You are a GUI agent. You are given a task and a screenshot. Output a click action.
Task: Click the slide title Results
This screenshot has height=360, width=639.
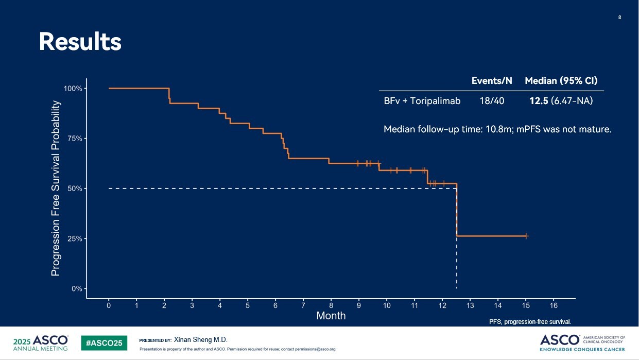click(x=80, y=42)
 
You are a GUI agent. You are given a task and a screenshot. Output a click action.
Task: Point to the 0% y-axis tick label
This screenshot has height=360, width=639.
click(x=76, y=289)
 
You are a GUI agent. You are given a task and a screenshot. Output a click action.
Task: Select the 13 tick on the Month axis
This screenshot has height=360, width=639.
click(x=470, y=305)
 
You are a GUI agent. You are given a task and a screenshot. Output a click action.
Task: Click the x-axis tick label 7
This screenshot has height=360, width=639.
click(x=303, y=305)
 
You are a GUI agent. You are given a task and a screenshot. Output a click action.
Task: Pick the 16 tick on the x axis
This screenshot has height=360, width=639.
click(x=554, y=305)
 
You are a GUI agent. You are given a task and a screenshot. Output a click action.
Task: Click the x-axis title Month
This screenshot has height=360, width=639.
click(x=331, y=316)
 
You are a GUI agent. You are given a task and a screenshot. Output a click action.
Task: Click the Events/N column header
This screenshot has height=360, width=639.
click(x=492, y=81)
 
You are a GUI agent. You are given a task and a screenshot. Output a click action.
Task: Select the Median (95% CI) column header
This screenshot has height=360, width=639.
click(x=561, y=81)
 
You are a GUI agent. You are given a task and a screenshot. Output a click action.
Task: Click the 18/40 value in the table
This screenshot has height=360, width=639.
click(x=492, y=101)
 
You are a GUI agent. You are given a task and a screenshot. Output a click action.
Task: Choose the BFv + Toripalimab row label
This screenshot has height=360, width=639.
click(x=422, y=101)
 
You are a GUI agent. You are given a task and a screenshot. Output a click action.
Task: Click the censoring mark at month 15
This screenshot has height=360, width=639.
click(x=526, y=236)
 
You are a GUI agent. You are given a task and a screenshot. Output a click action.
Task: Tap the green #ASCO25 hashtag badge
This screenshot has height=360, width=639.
click(x=104, y=342)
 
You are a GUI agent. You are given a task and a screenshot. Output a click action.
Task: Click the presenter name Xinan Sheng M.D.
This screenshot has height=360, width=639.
click(x=201, y=340)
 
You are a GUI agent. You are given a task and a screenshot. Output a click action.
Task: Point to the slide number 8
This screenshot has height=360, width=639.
click(x=619, y=18)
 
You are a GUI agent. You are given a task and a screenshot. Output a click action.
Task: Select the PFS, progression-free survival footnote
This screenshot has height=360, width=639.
click(x=530, y=322)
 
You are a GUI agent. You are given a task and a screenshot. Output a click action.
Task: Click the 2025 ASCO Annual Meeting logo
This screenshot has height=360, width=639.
click(x=41, y=343)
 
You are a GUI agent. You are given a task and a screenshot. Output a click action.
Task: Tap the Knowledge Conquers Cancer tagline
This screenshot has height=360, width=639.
click(x=582, y=349)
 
